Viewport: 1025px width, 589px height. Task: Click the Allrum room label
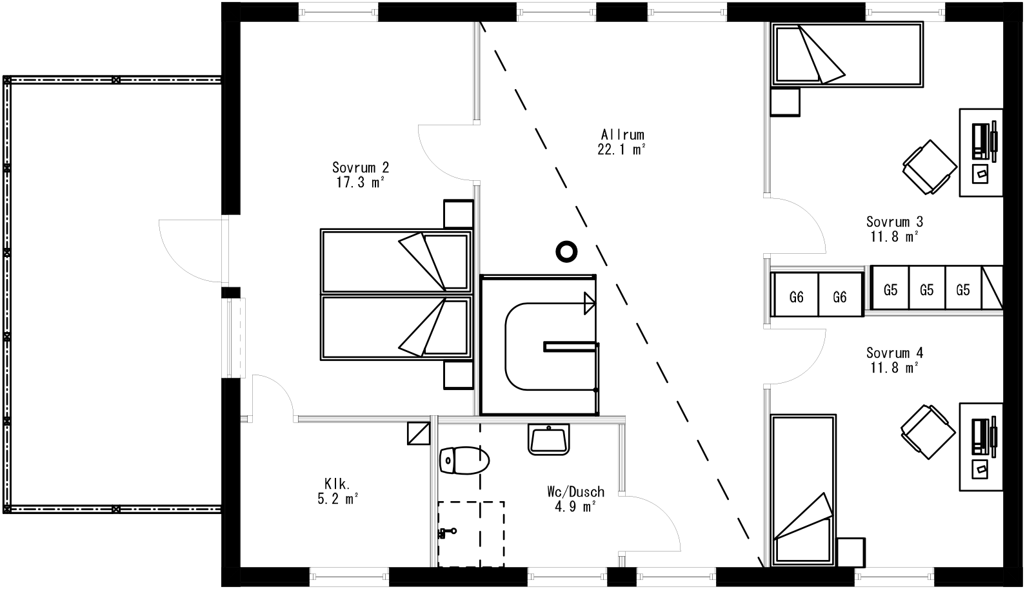pos(622,135)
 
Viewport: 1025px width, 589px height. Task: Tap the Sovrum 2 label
pos(361,168)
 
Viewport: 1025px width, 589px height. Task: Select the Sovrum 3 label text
pos(894,222)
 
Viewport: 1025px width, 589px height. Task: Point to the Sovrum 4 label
pos(894,353)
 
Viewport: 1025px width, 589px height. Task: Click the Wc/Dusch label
pos(575,492)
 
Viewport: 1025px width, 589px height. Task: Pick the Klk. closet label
pos(337,484)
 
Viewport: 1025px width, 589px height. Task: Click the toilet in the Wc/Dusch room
pos(464,461)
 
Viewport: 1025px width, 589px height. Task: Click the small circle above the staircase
pos(566,251)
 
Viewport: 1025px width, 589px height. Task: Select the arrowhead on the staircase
pos(590,303)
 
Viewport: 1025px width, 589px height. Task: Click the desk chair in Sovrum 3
pos(930,167)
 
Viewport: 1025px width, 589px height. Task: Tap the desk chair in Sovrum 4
pos(928,431)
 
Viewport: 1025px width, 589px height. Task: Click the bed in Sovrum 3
pos(848,55)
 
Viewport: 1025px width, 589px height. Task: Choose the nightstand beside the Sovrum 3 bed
pos(786,101)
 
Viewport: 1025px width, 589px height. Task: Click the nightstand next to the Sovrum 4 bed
pos(850,552)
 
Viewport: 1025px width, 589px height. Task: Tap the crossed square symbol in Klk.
pos(419,433)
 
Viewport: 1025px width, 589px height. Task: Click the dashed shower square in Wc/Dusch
pos(472,533)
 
